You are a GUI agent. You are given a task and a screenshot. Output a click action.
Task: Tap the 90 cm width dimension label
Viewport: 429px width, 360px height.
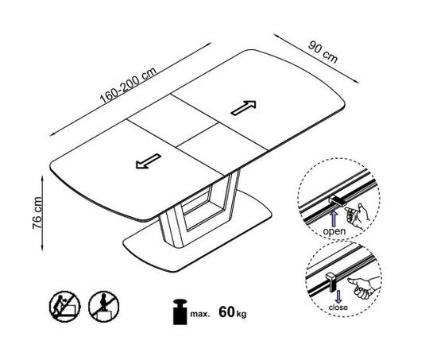323,52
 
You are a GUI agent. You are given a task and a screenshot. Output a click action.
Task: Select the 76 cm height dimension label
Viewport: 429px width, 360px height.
37,213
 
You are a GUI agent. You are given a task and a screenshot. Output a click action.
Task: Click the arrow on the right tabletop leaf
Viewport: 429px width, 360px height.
244,107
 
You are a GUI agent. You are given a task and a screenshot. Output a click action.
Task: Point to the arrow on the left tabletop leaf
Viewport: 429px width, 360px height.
149,161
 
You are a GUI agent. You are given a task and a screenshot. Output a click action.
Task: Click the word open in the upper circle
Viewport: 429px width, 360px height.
334,231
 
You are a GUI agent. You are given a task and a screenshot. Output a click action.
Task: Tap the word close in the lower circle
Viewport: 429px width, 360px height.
338,308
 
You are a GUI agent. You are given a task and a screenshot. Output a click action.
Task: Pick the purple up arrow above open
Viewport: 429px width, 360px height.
334,219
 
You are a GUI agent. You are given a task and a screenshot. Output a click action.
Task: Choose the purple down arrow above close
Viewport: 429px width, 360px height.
338,296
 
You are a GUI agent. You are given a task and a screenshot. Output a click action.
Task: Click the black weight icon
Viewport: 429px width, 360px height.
180,312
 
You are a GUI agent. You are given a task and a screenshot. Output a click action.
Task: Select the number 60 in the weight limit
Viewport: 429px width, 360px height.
226,312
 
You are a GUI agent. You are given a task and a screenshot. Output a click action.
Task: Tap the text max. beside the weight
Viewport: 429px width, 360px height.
200,314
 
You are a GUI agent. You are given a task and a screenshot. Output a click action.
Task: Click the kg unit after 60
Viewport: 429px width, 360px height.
242,314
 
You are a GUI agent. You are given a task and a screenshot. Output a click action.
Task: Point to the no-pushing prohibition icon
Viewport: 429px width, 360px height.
65,307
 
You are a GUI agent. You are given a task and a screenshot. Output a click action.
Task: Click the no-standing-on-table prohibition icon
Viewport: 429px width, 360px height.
104,307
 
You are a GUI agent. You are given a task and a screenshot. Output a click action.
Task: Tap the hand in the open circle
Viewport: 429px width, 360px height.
357,215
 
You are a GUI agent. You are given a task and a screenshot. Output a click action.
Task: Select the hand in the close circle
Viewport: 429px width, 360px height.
364,288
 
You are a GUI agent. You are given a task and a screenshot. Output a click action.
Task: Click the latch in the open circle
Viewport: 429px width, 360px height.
338,201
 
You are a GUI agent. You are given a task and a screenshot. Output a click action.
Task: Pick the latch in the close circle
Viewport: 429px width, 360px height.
330,281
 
